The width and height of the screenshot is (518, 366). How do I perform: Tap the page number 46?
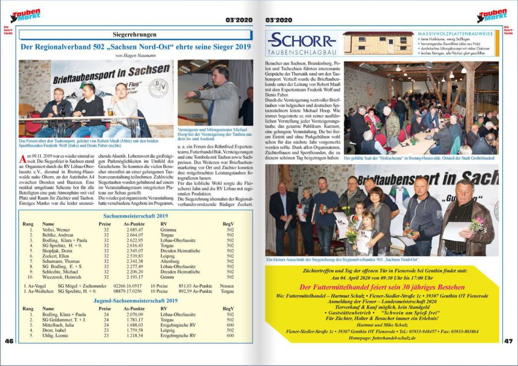coord(9,341)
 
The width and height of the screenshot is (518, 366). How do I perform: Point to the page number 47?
coord(508,341)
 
